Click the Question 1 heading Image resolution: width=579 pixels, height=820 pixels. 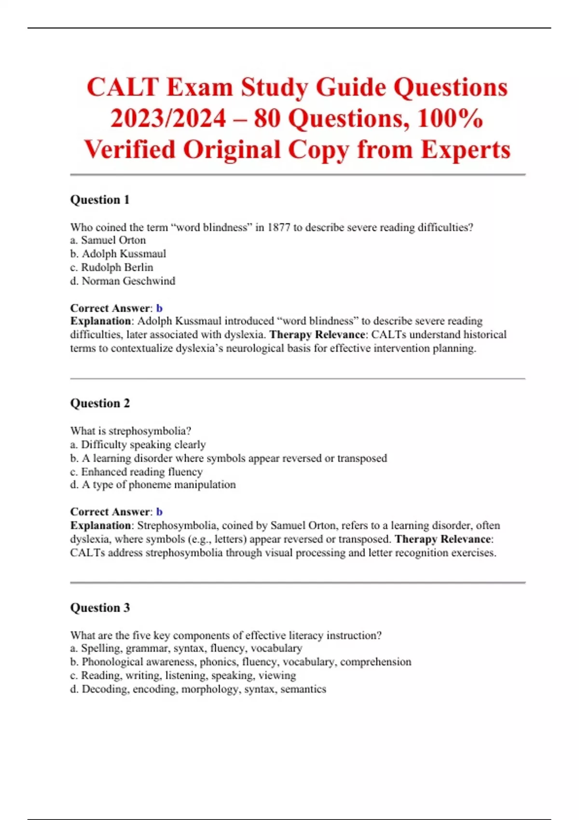[x=100, y=200]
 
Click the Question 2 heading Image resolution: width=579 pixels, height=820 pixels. [x=100, y=403]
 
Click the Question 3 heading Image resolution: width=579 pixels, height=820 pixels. [x=100, y=608]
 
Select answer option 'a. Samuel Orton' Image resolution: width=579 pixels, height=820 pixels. [x=108, y=240]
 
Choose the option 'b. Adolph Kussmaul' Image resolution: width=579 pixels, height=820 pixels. [x=118, y=254]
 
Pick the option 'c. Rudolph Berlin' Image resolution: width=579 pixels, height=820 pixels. [x=112, y=267]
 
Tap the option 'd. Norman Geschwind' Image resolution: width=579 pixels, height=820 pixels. [x=123, y=281]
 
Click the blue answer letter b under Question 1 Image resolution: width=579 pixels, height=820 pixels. [x=159, y=308]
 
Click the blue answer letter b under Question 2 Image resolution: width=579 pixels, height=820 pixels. [x=159, y=512]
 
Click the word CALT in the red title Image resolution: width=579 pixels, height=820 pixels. [x=123, y=88]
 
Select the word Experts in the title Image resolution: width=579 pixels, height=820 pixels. [x=465, y=150]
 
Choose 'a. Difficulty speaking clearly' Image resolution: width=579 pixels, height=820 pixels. [x=138, y=444]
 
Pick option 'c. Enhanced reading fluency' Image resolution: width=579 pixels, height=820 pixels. [x=136, y=472]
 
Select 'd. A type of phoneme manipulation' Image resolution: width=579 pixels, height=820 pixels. [x=153, y=485]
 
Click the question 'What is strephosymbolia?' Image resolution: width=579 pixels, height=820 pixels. [x=131, y=431]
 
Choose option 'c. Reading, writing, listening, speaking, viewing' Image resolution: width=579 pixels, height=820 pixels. [x=183, y=675]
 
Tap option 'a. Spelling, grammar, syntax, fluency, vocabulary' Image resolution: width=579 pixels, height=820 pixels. [x=186, y=648]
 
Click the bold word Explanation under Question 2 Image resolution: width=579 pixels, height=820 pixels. [x=100, y=525]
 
